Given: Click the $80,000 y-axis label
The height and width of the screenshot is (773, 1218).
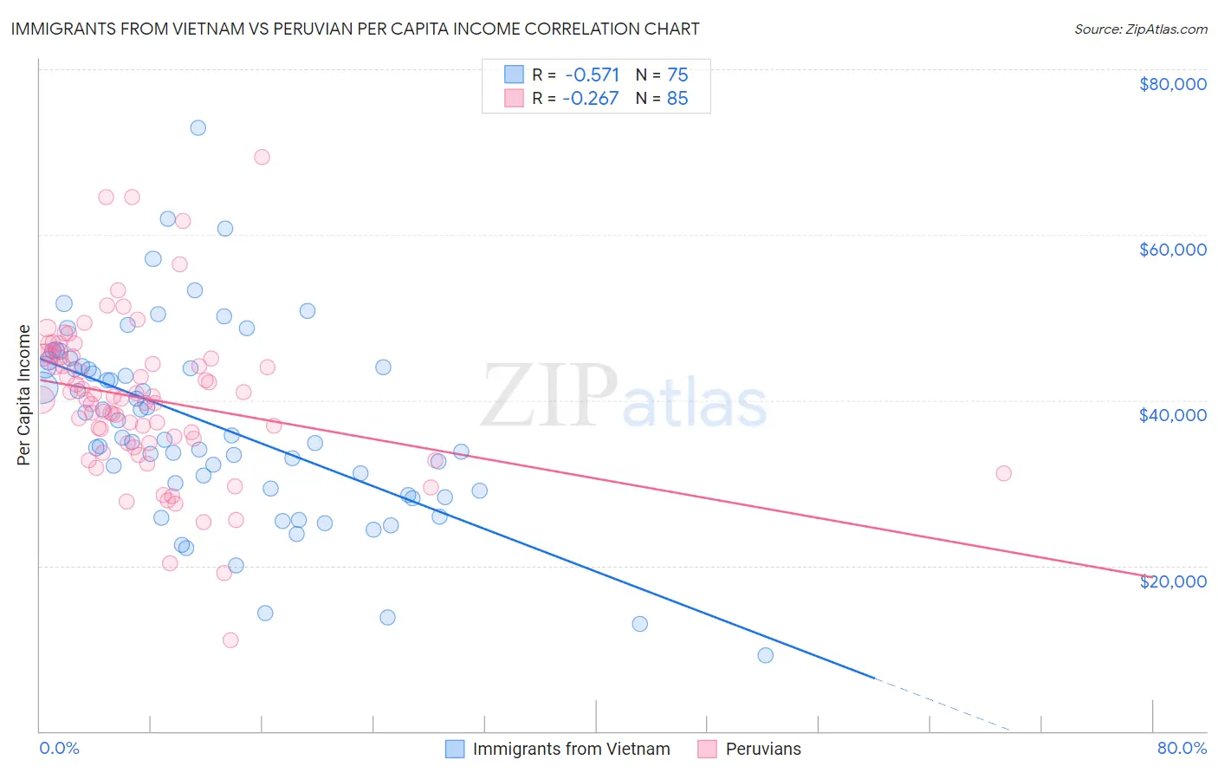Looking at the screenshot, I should (1172, 84).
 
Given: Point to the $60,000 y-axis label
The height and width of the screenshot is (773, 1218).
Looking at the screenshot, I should (1172, 250).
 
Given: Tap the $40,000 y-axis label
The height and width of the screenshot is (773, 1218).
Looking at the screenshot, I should (1172, 415).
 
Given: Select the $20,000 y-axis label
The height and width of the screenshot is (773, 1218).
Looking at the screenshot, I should (1172, 581).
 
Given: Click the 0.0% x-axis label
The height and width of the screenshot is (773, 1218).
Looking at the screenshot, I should (59, 748).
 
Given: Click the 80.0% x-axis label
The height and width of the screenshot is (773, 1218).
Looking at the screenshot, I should (1182, 748).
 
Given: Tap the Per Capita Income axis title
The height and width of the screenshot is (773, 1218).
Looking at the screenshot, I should (24, 394).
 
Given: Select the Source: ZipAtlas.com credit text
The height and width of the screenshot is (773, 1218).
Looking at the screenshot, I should (1140, 29).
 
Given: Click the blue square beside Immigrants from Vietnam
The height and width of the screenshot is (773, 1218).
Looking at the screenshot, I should (456, 749).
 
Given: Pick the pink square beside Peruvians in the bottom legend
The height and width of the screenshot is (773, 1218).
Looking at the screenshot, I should (708, 749).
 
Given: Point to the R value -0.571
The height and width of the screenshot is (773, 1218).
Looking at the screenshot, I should (591, 75).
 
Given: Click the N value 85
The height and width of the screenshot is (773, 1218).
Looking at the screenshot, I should (677, 99).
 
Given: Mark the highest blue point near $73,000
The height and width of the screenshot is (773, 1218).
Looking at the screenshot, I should (198, 127).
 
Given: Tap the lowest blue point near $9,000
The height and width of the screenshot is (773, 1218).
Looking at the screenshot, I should (766, 655).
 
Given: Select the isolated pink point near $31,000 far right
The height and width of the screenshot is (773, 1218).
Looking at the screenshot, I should (1003, 473).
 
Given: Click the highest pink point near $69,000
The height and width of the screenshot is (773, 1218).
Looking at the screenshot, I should (262, 157).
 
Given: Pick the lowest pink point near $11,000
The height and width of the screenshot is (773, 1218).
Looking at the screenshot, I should (230, 640).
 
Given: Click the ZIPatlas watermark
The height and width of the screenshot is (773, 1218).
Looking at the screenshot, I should (624, 397).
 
